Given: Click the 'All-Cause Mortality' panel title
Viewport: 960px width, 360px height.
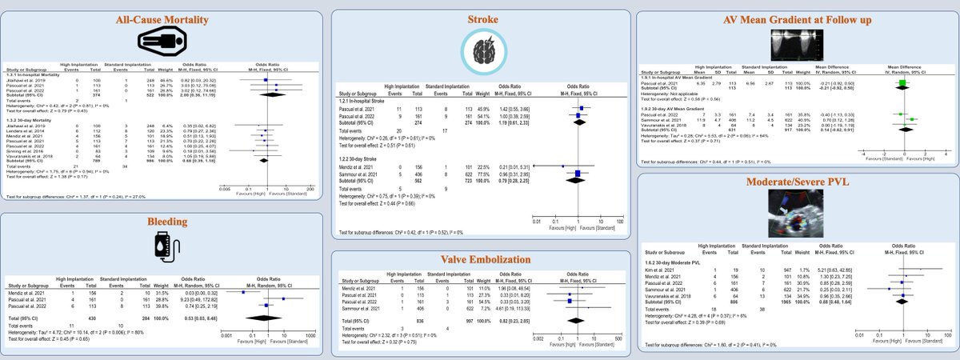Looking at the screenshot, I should click(162, 19).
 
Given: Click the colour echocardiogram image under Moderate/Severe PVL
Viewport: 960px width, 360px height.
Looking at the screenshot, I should click(800, 215).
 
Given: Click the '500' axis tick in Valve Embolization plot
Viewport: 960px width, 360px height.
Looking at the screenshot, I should click(619, 339).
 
